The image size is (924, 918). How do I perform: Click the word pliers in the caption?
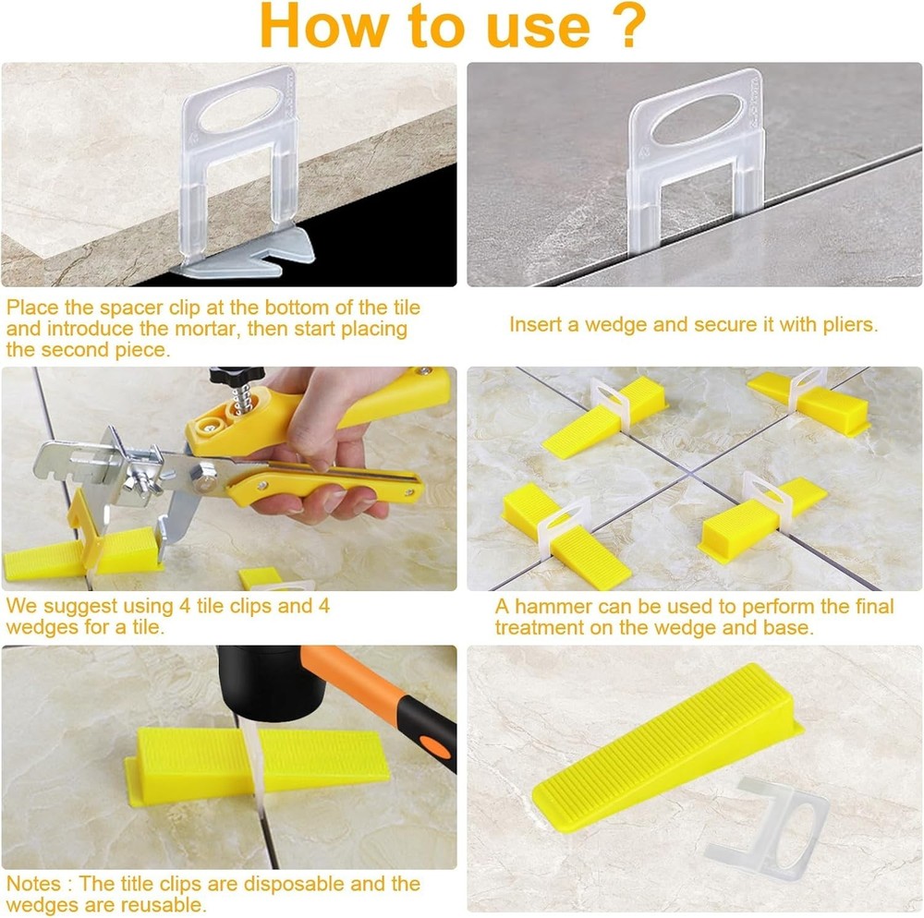pyautogui.click(x=843, y=325)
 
